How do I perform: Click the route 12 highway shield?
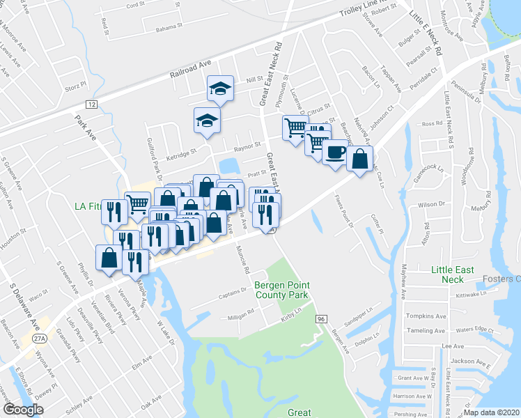pyautogui.click(x=91, y=103)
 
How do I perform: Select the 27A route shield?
pyautogui.click(x=39, y=339)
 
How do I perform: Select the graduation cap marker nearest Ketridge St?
pyautogui.click(x=206, y=120)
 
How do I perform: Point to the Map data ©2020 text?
pyautogui.click(x=491, y=412)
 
